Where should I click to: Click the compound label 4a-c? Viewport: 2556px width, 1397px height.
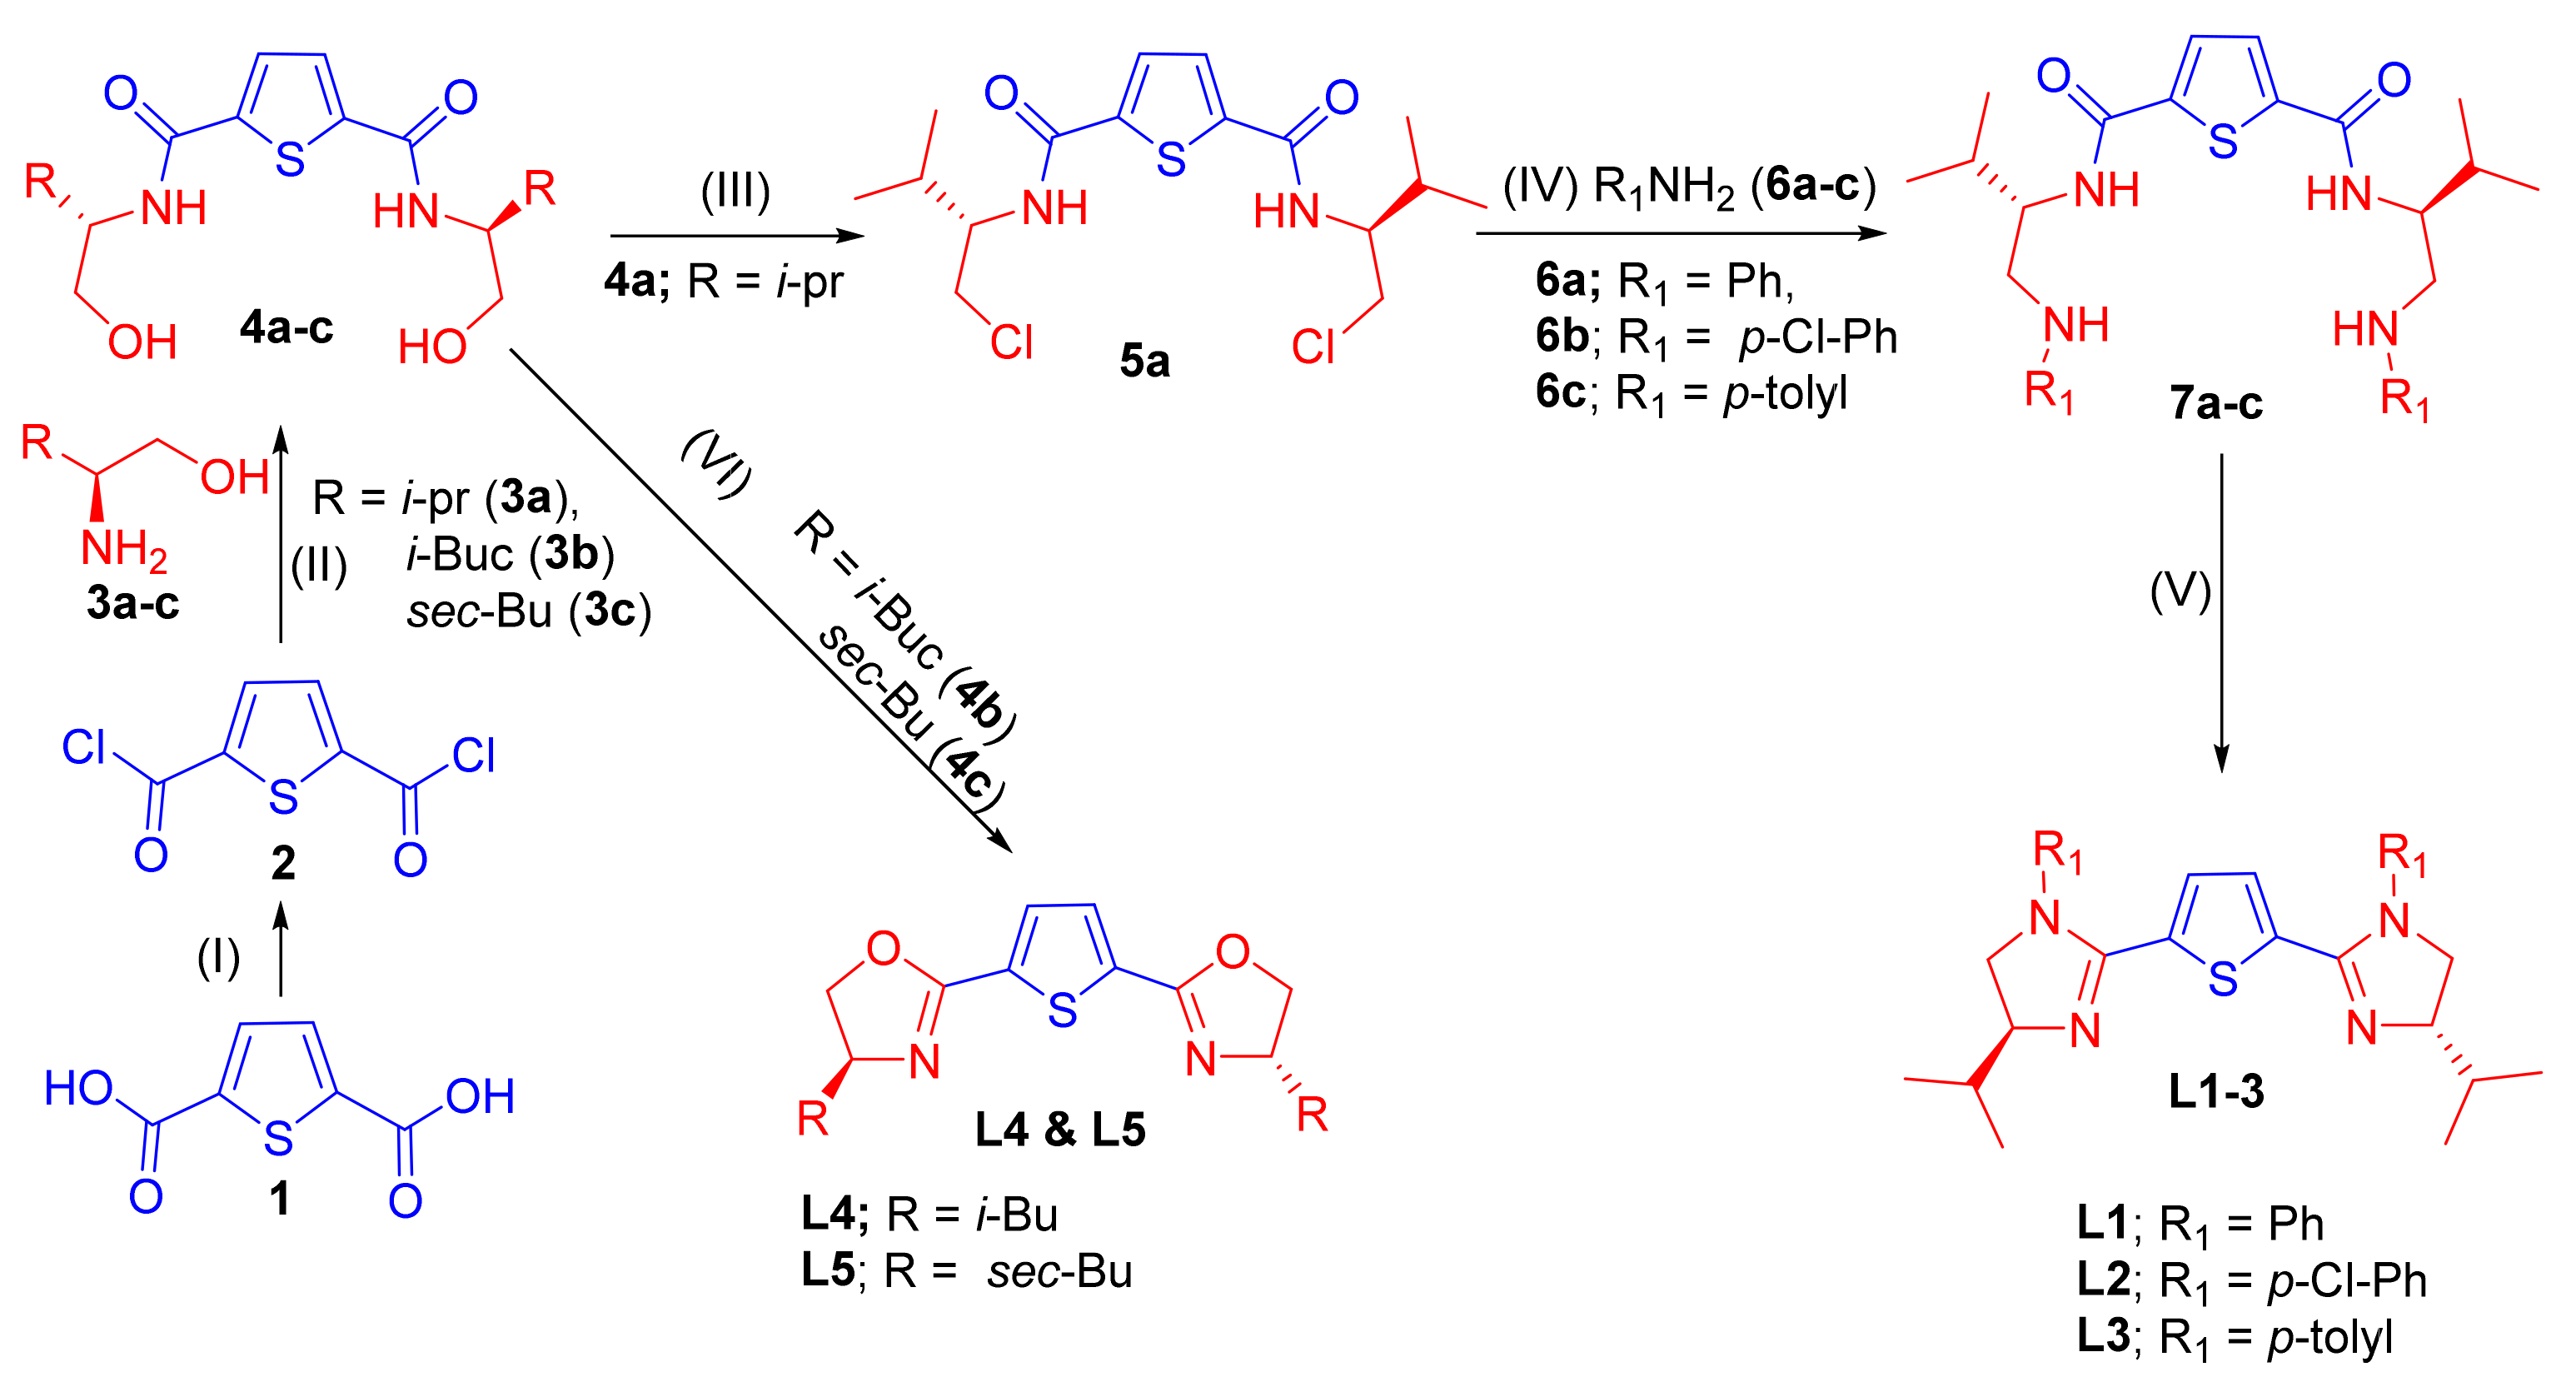(286, 327)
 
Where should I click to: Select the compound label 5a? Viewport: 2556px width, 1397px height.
(1144, 362)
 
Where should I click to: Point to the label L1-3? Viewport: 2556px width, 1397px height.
(2215, 1091)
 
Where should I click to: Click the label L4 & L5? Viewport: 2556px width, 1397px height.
(1059, 1130)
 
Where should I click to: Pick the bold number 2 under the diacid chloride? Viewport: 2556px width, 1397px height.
(283, 863)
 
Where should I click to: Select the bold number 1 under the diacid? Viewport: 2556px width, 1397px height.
(280, 1199)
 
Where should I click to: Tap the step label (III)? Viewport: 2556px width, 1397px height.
(735, 192)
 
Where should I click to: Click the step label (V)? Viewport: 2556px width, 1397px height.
(2180, 592)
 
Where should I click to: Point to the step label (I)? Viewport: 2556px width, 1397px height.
(218, 959)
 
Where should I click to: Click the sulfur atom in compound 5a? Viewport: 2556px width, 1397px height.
(1171, 160)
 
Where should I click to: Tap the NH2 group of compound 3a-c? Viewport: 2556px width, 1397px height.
(123, 549)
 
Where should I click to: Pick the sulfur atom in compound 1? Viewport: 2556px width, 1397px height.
(279, 1139)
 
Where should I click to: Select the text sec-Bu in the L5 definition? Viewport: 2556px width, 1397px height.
(1059, 1272)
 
